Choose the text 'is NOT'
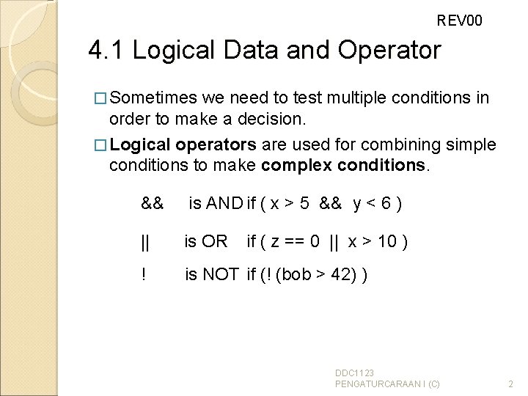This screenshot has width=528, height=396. [x=211, y=275]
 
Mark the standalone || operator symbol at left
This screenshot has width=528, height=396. [x=145, y=241]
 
